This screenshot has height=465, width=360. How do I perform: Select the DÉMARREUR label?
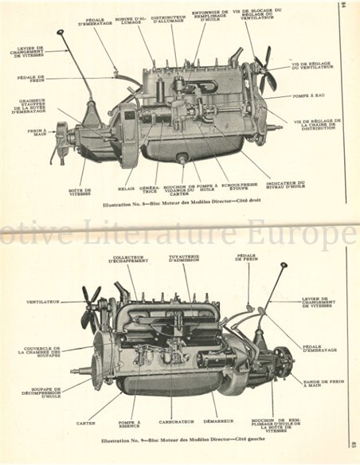pyautogui.click(x=217, y=415)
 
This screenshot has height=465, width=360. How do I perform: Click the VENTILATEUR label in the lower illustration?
pyautogui.click(x=45, y=302)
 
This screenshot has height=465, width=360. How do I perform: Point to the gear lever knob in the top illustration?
pyautogui.click(x=60, y=33)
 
